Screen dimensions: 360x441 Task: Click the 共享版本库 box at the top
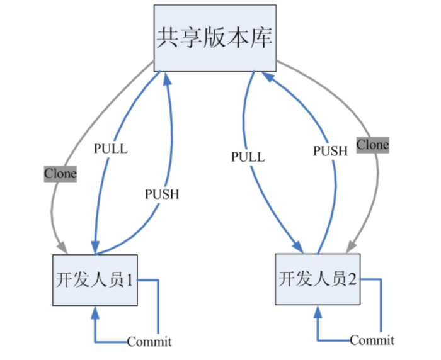(x=215, y=38)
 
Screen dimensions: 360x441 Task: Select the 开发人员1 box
(x=95, y=279)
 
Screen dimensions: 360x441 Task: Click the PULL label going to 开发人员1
(x=110, y=149)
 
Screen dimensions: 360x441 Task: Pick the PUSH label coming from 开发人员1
(x=162, y=194)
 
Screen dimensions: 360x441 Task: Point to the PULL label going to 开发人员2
(x=248, y=157)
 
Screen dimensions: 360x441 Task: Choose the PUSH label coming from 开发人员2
(x=330, y=150)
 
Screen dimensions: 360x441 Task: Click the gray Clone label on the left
(x=60, y=173)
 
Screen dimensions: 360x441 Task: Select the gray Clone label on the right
(x=373, y=145)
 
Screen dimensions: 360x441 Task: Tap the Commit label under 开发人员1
(x=149, y=342)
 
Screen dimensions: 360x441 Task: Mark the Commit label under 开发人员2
(x=372, y=340)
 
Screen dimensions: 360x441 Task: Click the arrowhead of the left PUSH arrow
(x=168, y=78)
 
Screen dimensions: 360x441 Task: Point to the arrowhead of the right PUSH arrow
(x=268, y=77)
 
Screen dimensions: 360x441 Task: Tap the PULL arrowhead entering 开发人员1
(x=95, y=249)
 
